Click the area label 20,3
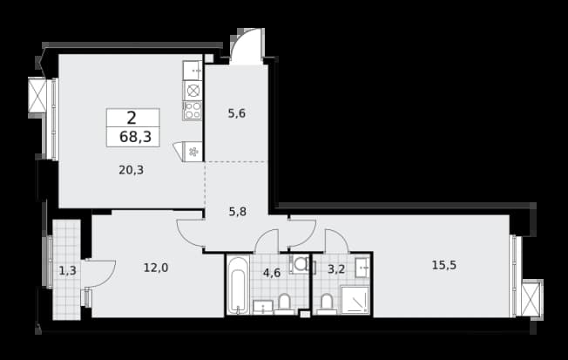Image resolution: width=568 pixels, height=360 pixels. pos(132,170)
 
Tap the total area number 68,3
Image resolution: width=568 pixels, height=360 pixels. pos(135,137)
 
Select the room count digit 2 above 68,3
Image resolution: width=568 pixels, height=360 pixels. pos(132,119)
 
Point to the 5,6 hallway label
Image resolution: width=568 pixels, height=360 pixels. pos(237,113)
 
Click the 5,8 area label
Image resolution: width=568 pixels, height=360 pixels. pos(238,211)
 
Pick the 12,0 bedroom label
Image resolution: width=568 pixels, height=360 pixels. pos(156,268)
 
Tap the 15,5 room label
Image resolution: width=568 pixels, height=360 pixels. pos(444,265)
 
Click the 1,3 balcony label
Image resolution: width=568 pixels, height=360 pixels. pos(67,270)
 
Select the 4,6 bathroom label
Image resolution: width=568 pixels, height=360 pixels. pos(272,273)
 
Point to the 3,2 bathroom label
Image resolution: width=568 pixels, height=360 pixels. pos(336,269)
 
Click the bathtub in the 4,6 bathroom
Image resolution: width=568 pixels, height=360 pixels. pos(238,285)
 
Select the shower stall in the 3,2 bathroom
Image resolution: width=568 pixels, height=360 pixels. pos(355,300)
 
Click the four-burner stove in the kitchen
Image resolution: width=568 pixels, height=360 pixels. pos(193,111)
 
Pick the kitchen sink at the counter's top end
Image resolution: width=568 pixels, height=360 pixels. pos(193,71)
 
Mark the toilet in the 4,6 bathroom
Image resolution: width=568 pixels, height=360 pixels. pos(284,303)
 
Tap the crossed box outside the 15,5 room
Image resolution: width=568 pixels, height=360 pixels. pos(531,299)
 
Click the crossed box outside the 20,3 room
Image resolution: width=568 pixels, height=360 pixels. pos(37,95)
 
